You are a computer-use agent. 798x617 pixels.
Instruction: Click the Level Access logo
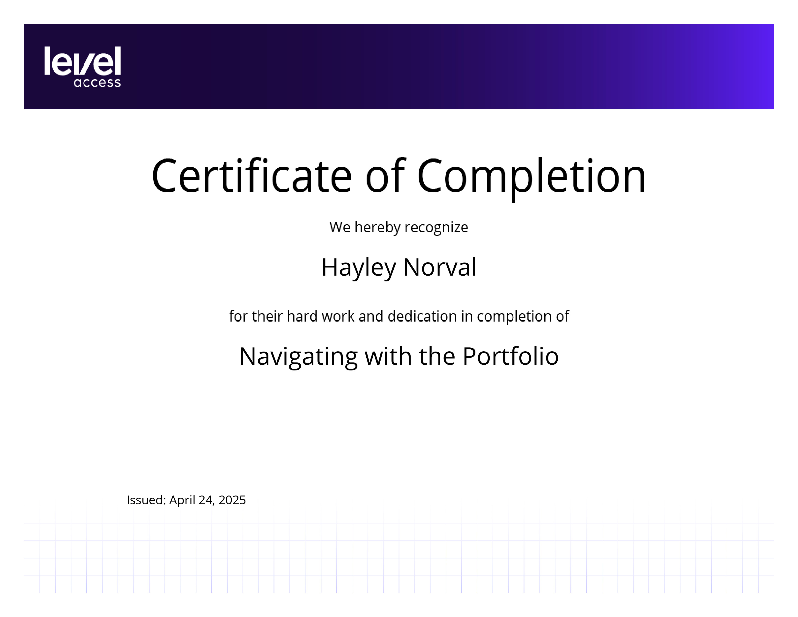pyautogui.click(x=82, y=67)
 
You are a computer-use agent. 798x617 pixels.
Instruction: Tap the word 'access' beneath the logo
pyautogui.click(x=97, y=83)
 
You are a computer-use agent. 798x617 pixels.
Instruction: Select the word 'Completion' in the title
pyautogui.click(x=532, y=178)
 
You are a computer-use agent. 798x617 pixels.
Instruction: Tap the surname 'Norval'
pyautogui.click(x=440, y=267)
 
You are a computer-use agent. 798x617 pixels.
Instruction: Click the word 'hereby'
pyautogui.click(x=377, y=228)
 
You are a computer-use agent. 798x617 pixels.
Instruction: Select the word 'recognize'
pyautogui.click(x=436, y=228)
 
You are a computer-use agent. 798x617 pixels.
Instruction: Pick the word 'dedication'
pyautogui.click(x=422, y=316)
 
